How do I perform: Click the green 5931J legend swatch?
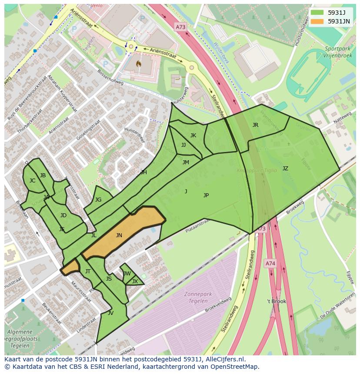point(317,13)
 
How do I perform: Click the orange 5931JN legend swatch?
point(317,21)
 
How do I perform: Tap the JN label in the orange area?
point(119,235)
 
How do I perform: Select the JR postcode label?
point(255,125)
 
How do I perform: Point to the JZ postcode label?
point(285,169)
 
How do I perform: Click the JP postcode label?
point(206,195)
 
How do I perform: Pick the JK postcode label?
point(193,136)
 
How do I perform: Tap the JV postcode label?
point(110,313)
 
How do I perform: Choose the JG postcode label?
point(98,200)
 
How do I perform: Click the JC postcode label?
point(32,181)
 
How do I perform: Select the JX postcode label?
point(135,281)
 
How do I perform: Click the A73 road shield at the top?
point(180,27)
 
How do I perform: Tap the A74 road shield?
point(270,263)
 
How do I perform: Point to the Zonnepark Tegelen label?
point(198,297)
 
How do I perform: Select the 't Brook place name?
point(277,301)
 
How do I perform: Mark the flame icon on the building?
point(138,64)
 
